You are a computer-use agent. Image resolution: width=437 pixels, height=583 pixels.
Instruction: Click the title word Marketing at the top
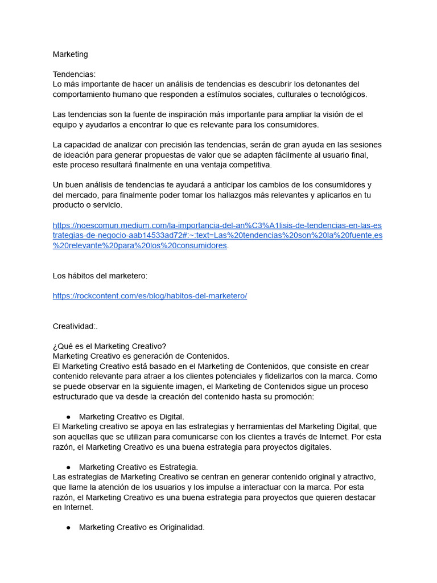(x=70, y=54)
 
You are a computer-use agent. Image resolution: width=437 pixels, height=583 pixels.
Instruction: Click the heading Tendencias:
(x=74, y=74)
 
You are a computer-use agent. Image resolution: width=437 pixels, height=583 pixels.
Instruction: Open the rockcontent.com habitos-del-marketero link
(x=150, y=296)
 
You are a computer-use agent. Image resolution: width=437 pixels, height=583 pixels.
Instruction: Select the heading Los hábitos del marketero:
(x=100, y=276)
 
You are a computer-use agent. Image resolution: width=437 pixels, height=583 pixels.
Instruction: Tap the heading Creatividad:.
(x=75, y=326)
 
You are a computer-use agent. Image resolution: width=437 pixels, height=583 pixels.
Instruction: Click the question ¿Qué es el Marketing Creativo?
(x=109, y=346)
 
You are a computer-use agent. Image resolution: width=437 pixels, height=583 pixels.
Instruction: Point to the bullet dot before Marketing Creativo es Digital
(x=68, y=417)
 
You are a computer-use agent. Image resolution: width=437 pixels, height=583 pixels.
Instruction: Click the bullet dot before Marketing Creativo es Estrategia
(x=68, y=467)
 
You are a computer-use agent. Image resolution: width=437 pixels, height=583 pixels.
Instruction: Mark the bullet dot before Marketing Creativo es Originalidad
(x=68, y=528)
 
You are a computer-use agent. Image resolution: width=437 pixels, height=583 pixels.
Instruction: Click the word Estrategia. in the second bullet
(x=179, y=467)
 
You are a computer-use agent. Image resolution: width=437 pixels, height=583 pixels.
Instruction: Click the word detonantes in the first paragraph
(x=325, y=84)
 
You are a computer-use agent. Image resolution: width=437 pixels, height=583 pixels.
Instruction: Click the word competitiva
(x=248, y=165)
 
